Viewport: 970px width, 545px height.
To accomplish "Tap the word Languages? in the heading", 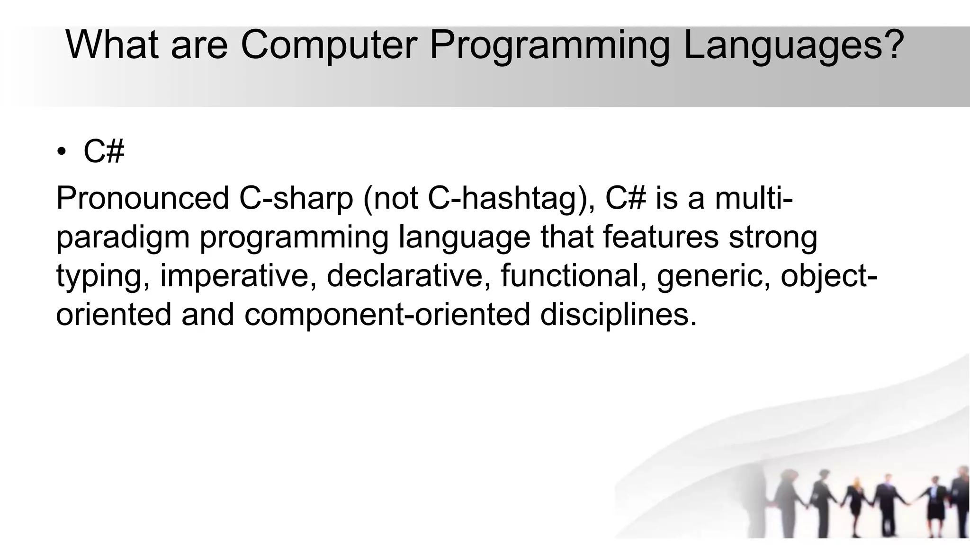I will pyautogui.click(x=794, y=46).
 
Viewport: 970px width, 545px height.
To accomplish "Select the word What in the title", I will pyautogui.click(x=112, y=45).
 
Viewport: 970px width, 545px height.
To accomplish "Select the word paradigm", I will pyautogui.click(x=123, y=237).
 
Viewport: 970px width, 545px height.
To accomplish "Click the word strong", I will pyautogui.click(x=772, y=237).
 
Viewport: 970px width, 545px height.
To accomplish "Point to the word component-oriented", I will pyautogui.click(x=387, y=315).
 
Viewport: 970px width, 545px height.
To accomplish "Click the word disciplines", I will pyautogui.click(x=618, y=315).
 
